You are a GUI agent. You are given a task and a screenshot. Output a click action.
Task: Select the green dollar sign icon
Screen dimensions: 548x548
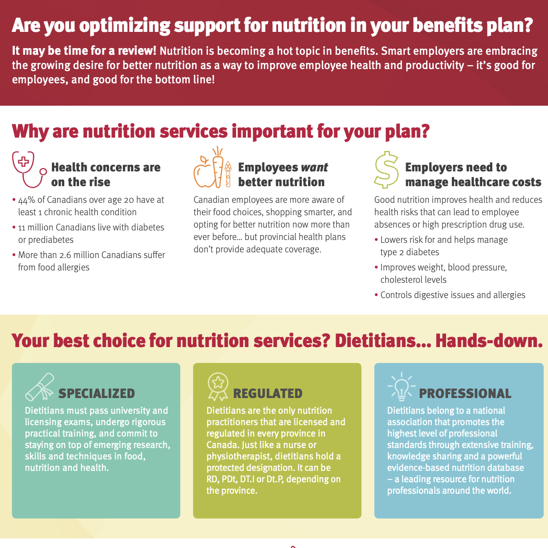coord(386,170)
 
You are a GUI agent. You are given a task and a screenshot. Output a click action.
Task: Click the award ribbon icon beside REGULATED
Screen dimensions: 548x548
coord(218,387)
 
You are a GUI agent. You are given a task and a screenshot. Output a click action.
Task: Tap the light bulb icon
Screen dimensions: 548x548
coord(401,387)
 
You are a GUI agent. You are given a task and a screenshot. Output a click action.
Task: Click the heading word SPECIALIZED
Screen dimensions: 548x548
coord(97,394)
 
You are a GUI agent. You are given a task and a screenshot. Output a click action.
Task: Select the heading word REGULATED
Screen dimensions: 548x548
coord(268,394)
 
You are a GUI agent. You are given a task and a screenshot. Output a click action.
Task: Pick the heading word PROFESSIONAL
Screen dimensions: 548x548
coord(465,394)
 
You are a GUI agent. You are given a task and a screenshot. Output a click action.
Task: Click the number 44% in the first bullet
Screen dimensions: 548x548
coord(27,200)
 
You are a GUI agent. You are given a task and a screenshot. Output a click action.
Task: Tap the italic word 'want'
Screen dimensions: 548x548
coord(315,168)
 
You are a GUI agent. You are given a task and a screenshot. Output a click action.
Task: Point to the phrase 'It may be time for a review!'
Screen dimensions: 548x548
coord(84,51)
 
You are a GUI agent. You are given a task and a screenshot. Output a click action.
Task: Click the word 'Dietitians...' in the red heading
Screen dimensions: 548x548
coord(382,341)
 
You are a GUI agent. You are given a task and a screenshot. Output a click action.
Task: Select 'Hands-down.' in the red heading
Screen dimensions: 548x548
coord(489,341)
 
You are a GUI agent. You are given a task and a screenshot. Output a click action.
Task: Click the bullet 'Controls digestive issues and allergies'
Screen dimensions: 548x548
coord(453,295)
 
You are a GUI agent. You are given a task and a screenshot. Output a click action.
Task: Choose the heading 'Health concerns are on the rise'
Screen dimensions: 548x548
coord(106,175)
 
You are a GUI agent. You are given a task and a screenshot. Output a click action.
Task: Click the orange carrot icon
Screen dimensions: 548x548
coord(218,167)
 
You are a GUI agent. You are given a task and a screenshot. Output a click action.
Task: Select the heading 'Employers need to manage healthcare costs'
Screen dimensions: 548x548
coord(473,175)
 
